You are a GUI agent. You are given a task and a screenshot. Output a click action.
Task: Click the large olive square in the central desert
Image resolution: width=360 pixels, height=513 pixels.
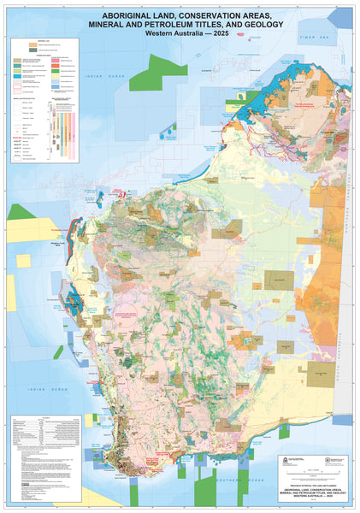(x=279, y=280)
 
